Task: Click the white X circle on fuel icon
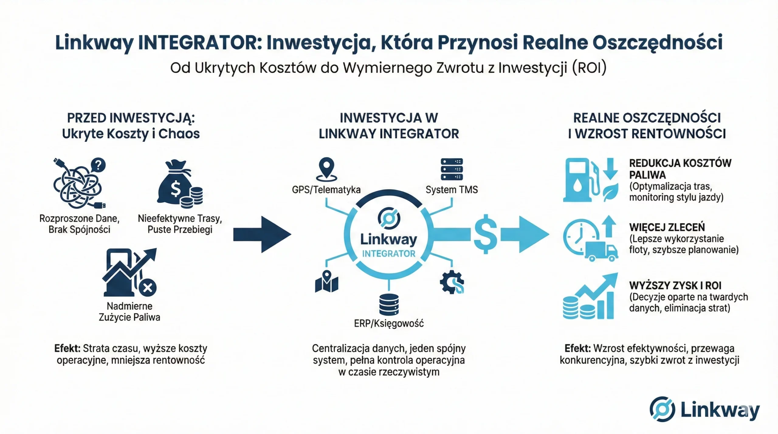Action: click(x=148, y=287)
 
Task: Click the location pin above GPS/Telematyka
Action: click(x=326, y=169)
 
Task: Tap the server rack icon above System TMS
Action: click(x=452, y=169)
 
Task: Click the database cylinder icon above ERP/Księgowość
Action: click(x=389, y=304)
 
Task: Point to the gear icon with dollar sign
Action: click(x=452, y=282)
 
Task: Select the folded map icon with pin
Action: click(x=327, y=282)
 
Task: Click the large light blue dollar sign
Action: click(x=486, y=234)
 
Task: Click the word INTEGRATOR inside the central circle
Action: click(x=389, y=254)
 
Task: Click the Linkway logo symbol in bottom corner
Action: click(x=662, y=409)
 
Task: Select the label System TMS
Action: click(x=452, y=190)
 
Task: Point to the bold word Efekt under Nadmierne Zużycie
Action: click(x=67, y=348)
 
